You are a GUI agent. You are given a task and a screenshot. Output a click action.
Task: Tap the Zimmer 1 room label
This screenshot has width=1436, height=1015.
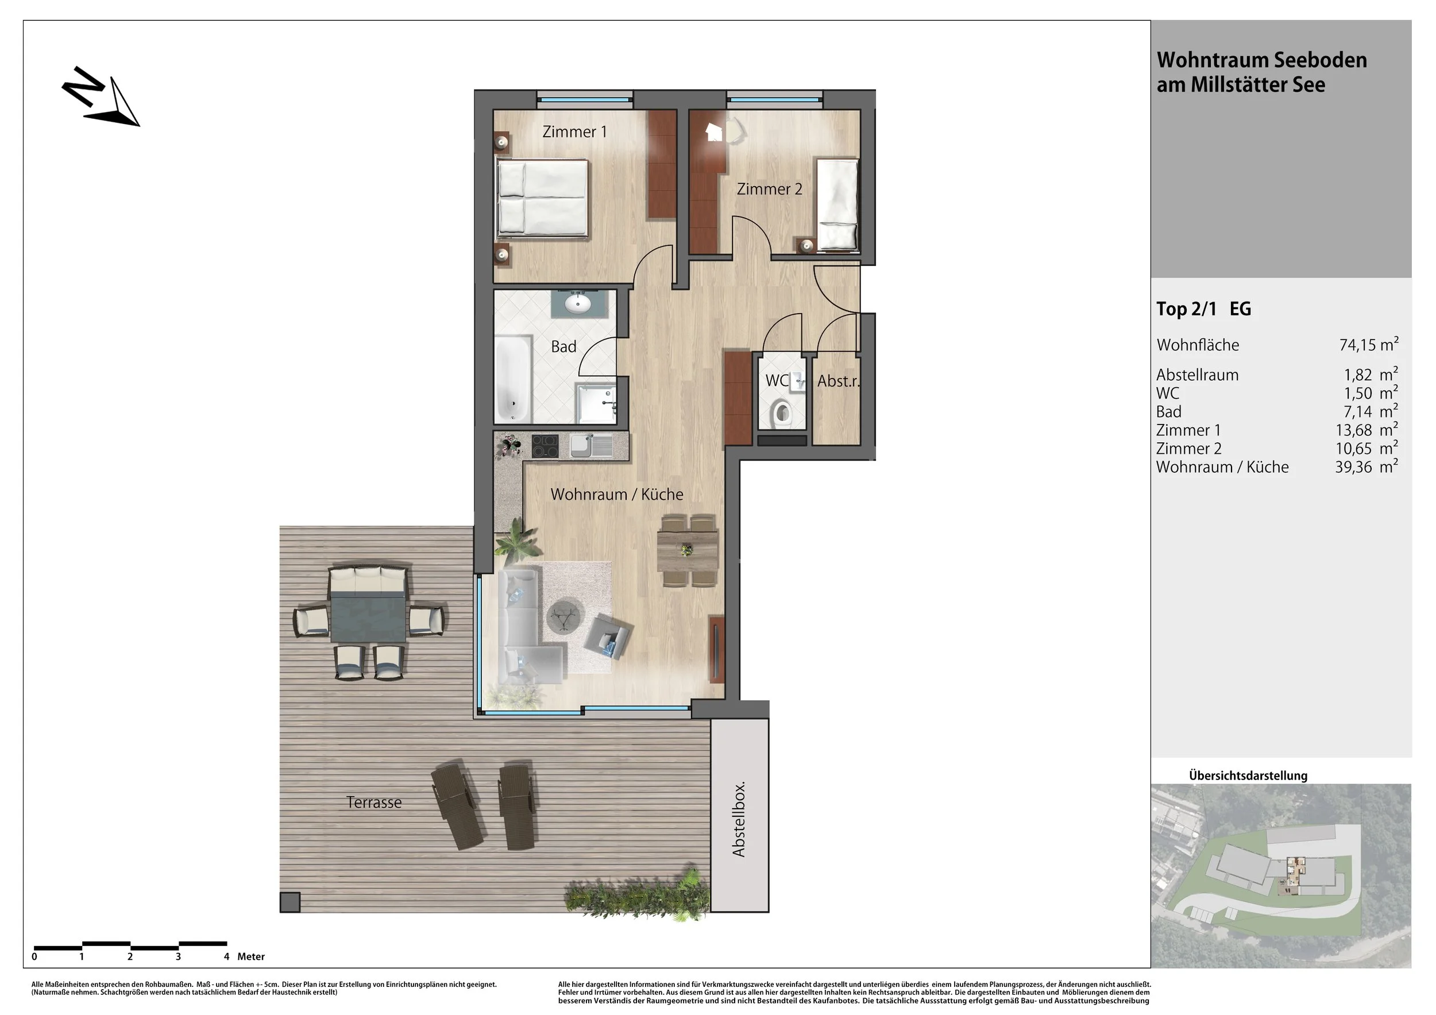(574, 132)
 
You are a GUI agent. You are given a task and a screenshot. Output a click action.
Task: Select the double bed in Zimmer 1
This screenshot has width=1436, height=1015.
(542, 198)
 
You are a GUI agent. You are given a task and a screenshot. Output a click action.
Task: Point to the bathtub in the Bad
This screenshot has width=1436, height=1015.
(514, 379)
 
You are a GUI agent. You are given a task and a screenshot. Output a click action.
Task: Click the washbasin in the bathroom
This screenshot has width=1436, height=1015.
(578, 304)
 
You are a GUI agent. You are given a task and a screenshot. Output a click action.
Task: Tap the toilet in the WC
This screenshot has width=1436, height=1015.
(782, 412)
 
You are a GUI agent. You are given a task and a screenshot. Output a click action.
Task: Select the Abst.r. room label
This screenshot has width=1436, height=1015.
(838, 381)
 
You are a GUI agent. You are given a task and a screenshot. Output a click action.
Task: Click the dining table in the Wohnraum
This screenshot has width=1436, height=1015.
(688, 550)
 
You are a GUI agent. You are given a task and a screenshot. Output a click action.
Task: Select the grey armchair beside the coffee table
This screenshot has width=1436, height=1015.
(607, 636)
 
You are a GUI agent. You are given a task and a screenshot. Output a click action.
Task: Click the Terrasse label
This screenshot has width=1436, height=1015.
(374, 802)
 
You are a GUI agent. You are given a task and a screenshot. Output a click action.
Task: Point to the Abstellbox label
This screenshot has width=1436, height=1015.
(739, 819)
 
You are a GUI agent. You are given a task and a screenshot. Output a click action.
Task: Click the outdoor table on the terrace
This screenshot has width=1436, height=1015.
(368, 618)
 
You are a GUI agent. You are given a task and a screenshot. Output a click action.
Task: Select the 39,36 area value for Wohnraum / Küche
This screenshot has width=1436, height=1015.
(1353, 467)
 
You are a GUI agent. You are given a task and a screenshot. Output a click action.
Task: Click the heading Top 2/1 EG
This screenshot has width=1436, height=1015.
(1203, 309)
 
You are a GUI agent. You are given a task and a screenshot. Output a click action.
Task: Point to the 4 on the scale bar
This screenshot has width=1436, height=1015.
(226, 956)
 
